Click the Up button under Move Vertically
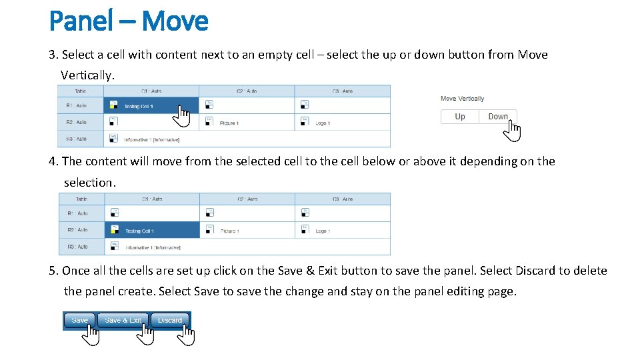tap(459, 117)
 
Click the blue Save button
tap(79, 320)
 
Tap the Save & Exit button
tap(123, 320)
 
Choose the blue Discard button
tap(169, 320)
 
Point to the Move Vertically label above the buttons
tap(462, 99)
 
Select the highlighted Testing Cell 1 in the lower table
tap(139, 231)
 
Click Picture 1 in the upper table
tap(229, 123)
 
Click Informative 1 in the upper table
tap(152, 140)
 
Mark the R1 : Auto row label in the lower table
tap(77, 213)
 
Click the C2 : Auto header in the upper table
tap(247, 91)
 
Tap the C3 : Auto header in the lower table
tap(343, 199)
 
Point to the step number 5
tap(53, 271)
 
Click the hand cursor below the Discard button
tap(186, 335)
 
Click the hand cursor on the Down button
tap(511, 131)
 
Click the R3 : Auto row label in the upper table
tap(77, 139)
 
